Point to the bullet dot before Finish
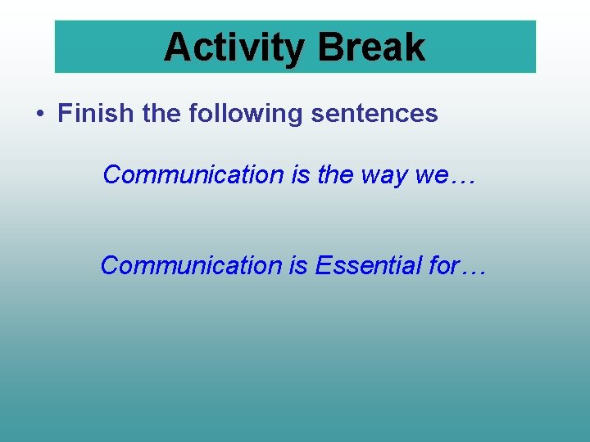point(39,114)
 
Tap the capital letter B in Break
point(329,47)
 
